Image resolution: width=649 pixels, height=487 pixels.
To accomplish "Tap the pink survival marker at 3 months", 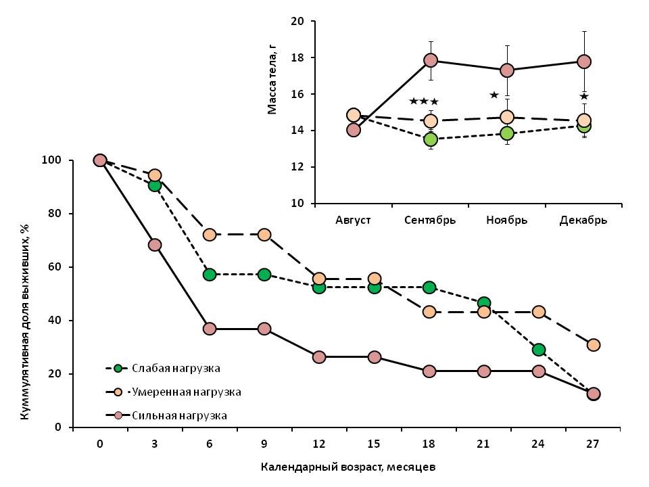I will coord(155,245).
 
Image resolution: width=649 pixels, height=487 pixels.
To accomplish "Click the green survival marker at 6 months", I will coord(210,275).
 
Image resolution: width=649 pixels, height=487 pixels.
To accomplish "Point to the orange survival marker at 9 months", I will coord(264,235).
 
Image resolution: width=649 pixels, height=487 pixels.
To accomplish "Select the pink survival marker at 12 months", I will coord(319,357).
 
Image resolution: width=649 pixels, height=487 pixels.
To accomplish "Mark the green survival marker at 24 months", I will coord(539,350).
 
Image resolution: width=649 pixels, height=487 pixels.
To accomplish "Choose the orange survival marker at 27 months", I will coord(594,345).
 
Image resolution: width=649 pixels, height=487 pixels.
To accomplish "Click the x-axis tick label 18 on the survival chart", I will coord(429,444).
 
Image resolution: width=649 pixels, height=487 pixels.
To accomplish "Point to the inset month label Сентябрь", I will coord(430,220).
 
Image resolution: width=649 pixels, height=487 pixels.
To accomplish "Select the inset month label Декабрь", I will coord(583,220).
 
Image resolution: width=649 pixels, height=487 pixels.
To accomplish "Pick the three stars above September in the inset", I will coord(424,102).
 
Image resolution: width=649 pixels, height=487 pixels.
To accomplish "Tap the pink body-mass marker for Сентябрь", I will coord(431,60).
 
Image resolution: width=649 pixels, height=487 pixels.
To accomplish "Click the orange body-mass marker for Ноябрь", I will coord(507,118).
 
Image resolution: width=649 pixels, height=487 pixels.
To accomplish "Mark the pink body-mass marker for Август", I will coord(354,130).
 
